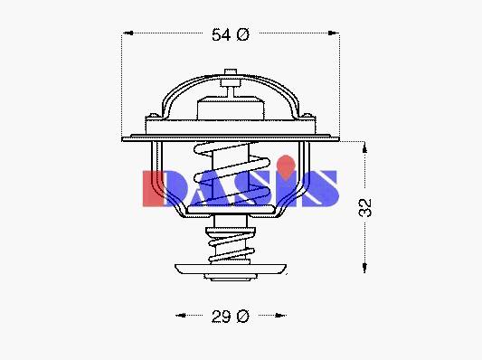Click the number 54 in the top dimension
(x=221, y=34)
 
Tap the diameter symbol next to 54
(x=243, y=34)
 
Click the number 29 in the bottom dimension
(x=221, y=317)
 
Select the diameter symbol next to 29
(x=243, y=317)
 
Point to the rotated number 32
(x=365, y=208)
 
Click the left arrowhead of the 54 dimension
(x=128, y=33)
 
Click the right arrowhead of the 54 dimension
(x=333, y=33)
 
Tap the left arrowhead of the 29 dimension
(x=181, y=315)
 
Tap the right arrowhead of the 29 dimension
(x=280, y=315)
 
